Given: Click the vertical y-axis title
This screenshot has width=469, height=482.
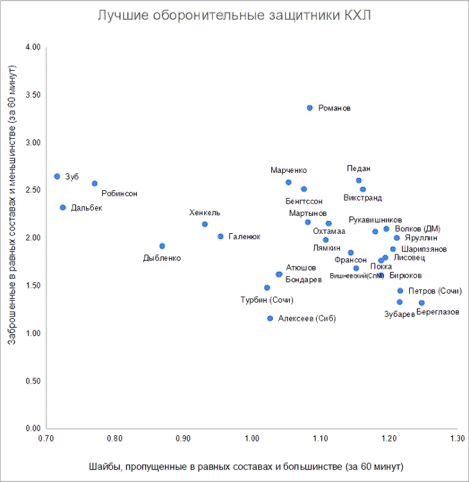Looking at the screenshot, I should [11, 204].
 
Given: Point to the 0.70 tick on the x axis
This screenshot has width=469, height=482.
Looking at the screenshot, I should [47, 438].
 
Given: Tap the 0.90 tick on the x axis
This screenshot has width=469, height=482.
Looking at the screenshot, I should [184, 438].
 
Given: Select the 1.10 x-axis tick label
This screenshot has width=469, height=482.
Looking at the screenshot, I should [320, 438].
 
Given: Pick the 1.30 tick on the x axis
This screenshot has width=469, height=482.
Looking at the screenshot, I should [456, 438].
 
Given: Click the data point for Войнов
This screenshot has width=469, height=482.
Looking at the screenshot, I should [310, 108].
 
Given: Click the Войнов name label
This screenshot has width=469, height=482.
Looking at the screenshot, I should [335, 109].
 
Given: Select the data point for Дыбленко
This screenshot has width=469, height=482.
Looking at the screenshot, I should [162, 245].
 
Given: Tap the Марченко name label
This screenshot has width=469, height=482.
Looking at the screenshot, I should [288, 170].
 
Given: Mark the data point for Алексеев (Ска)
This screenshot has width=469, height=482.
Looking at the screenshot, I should [270, 319].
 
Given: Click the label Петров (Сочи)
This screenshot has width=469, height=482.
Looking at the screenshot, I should [435, 291].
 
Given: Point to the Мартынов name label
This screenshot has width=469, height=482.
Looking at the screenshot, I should [308, 212].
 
